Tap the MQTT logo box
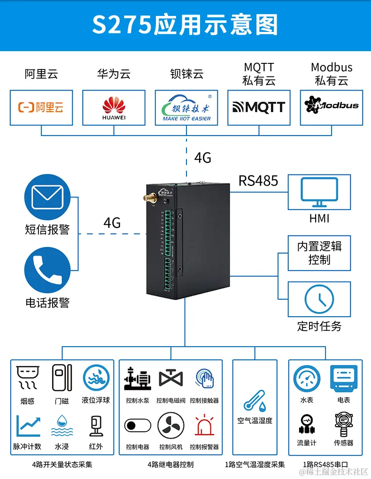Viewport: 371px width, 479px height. click(x=259, y=107)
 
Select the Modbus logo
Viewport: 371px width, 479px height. click(x=332, y=105)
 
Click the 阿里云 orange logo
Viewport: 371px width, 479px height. click(x=41, y=107)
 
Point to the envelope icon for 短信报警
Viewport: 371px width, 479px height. click(x=47, y=197)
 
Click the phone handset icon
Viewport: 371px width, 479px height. click(x=47, y=271)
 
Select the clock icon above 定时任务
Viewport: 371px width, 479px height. click(x=319, y=300)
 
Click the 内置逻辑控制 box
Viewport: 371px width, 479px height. click(x=319, y=253)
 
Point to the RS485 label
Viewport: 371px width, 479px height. click(x=258, y=181)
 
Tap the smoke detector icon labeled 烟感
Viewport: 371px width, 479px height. click(x=26, y=378)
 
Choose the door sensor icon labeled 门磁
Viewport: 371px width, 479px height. click(x=61, y=378)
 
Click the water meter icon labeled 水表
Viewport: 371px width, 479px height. click(x=306, y=378)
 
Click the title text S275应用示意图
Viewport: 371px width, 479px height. click(x=185, y=25)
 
